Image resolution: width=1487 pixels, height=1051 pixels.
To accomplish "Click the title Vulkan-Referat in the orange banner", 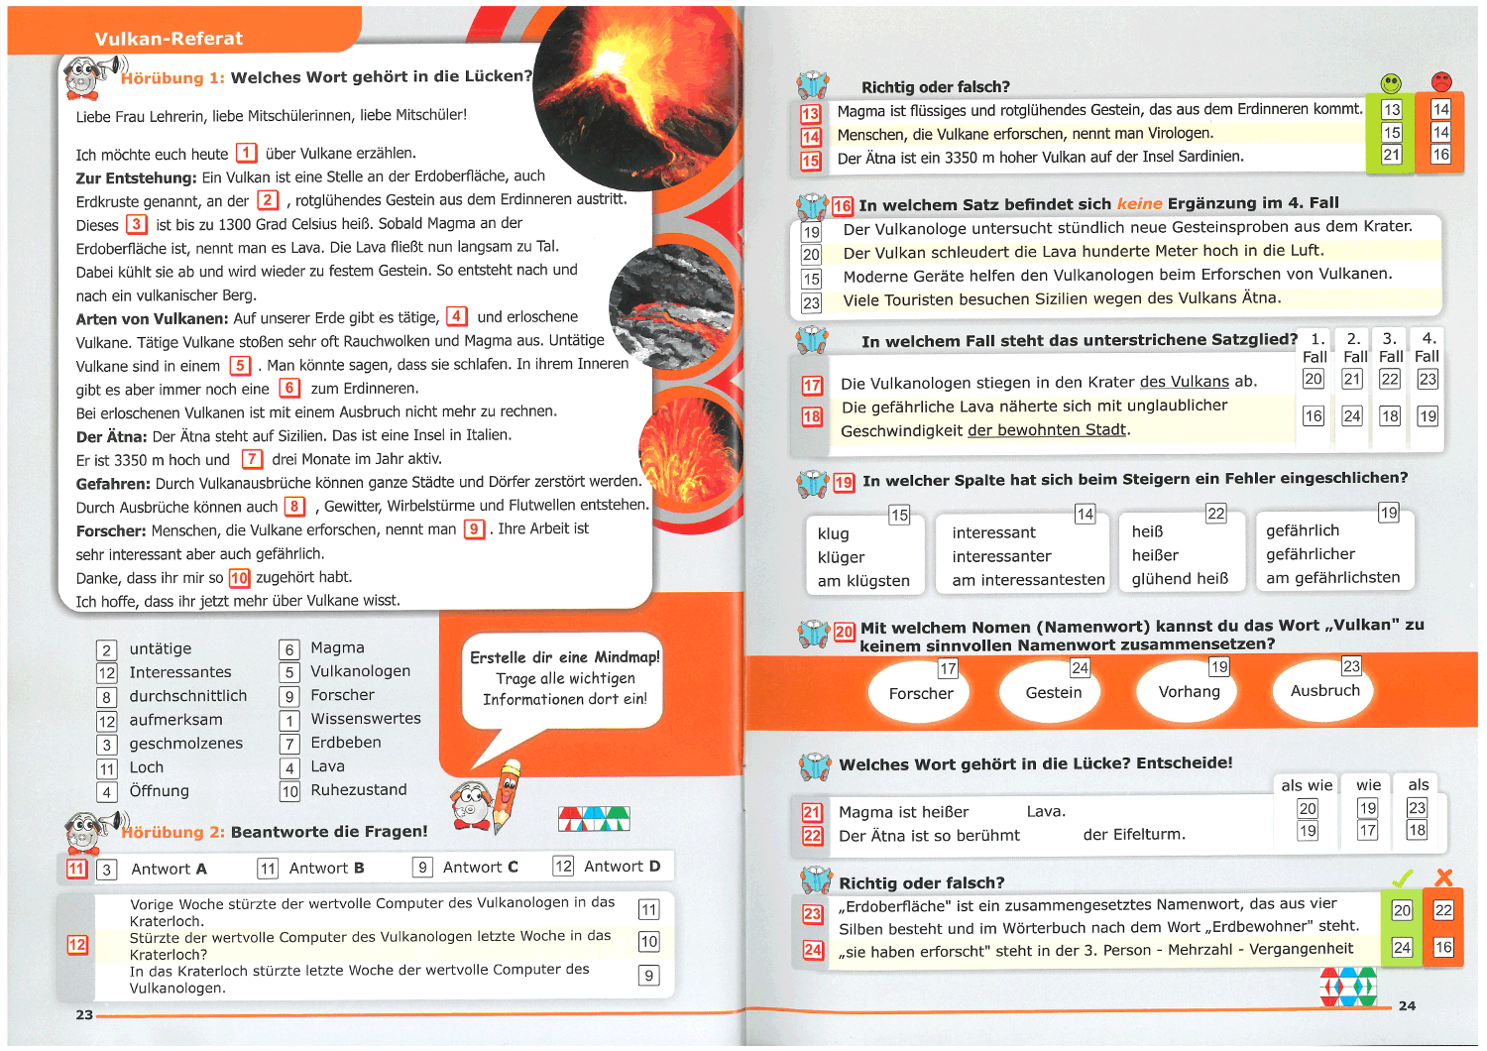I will point(169,39).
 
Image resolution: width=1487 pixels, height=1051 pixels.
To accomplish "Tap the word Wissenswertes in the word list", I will point(366,719).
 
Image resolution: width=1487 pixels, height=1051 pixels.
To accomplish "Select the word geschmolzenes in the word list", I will point(186,744).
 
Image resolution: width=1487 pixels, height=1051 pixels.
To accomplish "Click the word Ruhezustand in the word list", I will point(359,790).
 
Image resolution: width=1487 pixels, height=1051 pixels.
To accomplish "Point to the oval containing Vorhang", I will point(1190,691).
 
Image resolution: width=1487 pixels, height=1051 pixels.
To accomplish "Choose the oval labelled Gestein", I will point(1054,692).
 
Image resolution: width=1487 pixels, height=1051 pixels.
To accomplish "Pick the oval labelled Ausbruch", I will point(1325,690).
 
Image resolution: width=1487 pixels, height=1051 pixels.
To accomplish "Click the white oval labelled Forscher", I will point(921,693).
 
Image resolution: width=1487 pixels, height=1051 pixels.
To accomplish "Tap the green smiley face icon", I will point(1392,83).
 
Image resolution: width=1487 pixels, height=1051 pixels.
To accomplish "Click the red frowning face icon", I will point(1441,81).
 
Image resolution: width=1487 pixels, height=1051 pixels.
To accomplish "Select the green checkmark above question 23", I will point(1402,878).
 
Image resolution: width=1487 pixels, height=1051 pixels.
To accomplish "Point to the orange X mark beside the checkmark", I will point(1443,877).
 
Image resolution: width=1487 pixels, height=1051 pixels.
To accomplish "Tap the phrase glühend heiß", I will point(1180,579).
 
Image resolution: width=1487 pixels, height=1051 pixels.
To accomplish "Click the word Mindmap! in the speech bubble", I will point(627,657).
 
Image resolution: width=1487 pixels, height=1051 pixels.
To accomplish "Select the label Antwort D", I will point(622,867).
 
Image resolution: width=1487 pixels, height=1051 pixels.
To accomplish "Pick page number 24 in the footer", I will point(1407,1005).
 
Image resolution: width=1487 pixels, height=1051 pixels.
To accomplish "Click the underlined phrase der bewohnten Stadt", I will point(1047,430).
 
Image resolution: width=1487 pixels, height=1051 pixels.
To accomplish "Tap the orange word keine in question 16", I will point(1139,203).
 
